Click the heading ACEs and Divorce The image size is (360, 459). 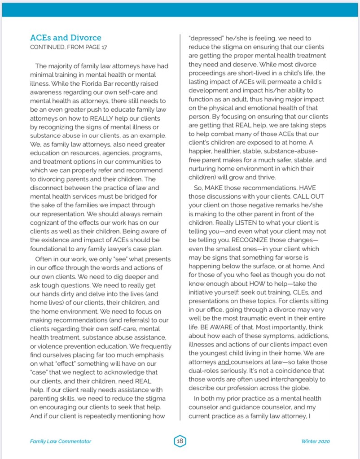66,38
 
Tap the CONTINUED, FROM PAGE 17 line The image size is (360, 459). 68,47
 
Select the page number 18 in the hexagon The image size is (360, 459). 180,441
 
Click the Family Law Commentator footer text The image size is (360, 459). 61,442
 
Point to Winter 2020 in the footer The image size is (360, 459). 316,442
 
